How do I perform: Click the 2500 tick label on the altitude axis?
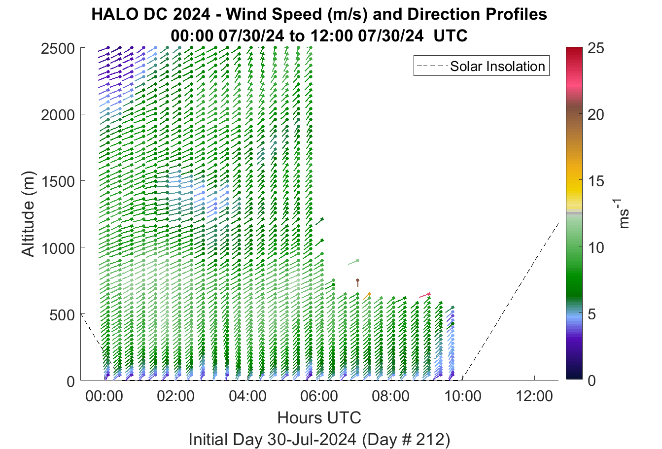coord(58,49)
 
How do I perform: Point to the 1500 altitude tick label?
coord(58,181)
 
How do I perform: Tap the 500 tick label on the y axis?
coord(62,315)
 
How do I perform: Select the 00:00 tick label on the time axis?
coord(104,396)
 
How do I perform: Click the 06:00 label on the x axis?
coord(319,396)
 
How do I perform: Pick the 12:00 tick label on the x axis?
coord(534,396)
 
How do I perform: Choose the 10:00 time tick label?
coord(463,396)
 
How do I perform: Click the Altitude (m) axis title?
coord(29,214)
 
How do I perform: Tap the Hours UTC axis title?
coord(319,418)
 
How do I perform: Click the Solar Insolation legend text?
coord(497,66)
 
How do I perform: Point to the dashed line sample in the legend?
coord(432,66)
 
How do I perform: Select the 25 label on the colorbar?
coord(596,48)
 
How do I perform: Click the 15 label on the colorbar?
coord(596,181)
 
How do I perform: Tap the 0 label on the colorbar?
coord(592,381)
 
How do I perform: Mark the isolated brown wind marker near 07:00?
coord(357,282)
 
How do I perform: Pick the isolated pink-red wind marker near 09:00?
coord(425,295)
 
